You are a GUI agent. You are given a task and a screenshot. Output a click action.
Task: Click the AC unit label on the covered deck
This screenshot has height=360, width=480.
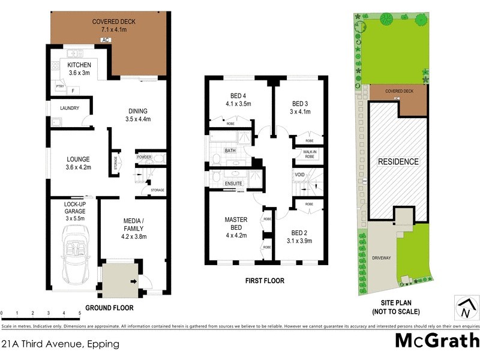click(105, 41)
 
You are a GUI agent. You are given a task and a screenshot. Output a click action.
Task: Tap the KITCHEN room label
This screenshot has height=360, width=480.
click(79, 65)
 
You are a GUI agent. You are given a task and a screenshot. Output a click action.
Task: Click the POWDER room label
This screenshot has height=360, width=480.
click(143, 157)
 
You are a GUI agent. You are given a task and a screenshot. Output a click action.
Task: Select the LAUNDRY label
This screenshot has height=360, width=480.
click(70, 108)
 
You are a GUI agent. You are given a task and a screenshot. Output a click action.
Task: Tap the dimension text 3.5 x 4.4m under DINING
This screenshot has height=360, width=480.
click(137, 119)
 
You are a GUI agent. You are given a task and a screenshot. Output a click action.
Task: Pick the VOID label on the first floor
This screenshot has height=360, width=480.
click(299, 175)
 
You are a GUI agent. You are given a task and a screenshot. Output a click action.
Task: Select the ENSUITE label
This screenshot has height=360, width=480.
click(233, 184)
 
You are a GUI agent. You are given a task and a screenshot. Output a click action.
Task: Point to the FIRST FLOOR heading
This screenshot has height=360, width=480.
click(264, 280)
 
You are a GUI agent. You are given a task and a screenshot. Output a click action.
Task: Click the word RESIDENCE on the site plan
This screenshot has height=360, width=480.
click(398, 162)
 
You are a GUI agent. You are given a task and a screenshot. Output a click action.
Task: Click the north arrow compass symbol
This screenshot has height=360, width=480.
click(464, 308)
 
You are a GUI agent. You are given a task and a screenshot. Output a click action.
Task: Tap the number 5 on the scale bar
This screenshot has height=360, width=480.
click(80, 313)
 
